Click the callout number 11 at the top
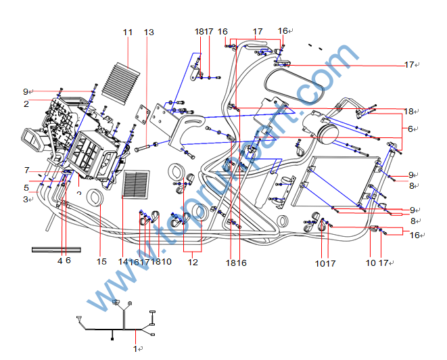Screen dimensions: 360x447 tap(128, 32)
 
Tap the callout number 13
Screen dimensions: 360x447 tap(149, 32)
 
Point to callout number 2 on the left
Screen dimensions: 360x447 tap(26, 104)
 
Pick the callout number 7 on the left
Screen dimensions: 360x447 tap(27, 170)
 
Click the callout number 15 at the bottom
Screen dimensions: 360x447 tap(101, 261)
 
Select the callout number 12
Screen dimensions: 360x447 tap(193, 261)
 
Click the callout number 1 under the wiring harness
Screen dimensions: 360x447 tap(135, 348)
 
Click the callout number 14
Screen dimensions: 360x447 tap(122, 261)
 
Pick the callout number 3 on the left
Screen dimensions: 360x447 tap(26, 199)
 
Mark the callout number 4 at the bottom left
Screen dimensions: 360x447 tap(60, 261)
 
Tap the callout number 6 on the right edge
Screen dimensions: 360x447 tap(409, 129)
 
